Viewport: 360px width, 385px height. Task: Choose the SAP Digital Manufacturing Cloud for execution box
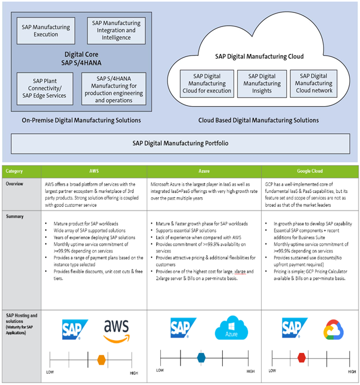click(207, 84)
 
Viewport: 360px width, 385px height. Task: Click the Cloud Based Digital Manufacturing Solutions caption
click(259, 120)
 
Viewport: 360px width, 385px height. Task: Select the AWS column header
click(94, 171)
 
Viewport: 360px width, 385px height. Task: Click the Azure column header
click(204, 171)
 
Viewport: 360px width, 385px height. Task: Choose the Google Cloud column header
click(310, 171)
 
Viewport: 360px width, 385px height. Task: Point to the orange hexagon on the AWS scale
click(101, 358)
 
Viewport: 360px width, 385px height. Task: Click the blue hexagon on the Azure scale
click(201, 357)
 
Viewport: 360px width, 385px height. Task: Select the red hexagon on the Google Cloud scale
click(301, 357)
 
